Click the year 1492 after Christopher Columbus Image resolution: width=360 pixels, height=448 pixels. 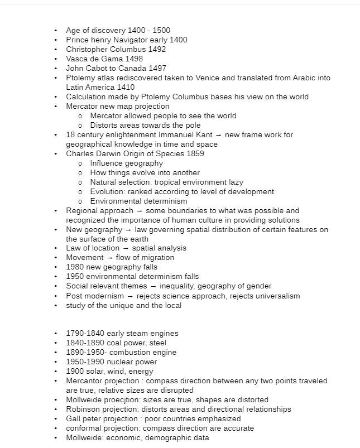coord(157,49)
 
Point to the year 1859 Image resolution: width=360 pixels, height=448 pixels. coord(194,153)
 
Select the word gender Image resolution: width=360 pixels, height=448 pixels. coord(258,286)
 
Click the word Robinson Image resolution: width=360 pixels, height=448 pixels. coord(83,410)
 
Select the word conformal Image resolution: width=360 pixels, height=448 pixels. coord(85,428)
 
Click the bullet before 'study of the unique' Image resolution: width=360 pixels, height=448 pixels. coord(55,305)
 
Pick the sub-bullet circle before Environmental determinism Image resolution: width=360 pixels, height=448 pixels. coord(80,201)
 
